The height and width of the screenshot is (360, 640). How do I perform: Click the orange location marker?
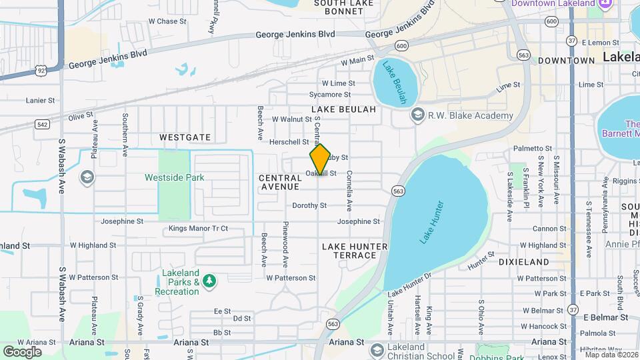coord(320,159)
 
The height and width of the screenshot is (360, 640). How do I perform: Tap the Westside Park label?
coord(174,178)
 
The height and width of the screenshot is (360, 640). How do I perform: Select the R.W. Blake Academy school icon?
coord(418,115)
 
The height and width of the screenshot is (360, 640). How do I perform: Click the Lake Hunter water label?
coord(431,221)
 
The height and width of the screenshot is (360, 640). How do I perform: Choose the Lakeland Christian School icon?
coord(377,349)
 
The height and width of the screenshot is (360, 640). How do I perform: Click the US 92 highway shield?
coord(41,68)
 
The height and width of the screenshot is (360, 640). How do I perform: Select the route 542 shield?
coord(42,124)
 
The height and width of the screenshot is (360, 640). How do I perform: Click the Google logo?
coord(22,351)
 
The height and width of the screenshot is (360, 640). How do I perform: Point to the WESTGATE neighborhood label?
coord(185,137)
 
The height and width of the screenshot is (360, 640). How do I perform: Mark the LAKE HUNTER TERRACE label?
coord(354,251)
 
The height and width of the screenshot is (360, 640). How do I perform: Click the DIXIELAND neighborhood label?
coord(524,262)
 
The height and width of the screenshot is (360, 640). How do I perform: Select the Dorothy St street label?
coord(309,206)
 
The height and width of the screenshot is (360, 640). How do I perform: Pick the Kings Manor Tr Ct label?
coord(198,229)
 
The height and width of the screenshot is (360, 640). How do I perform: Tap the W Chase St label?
coord(167,21)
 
